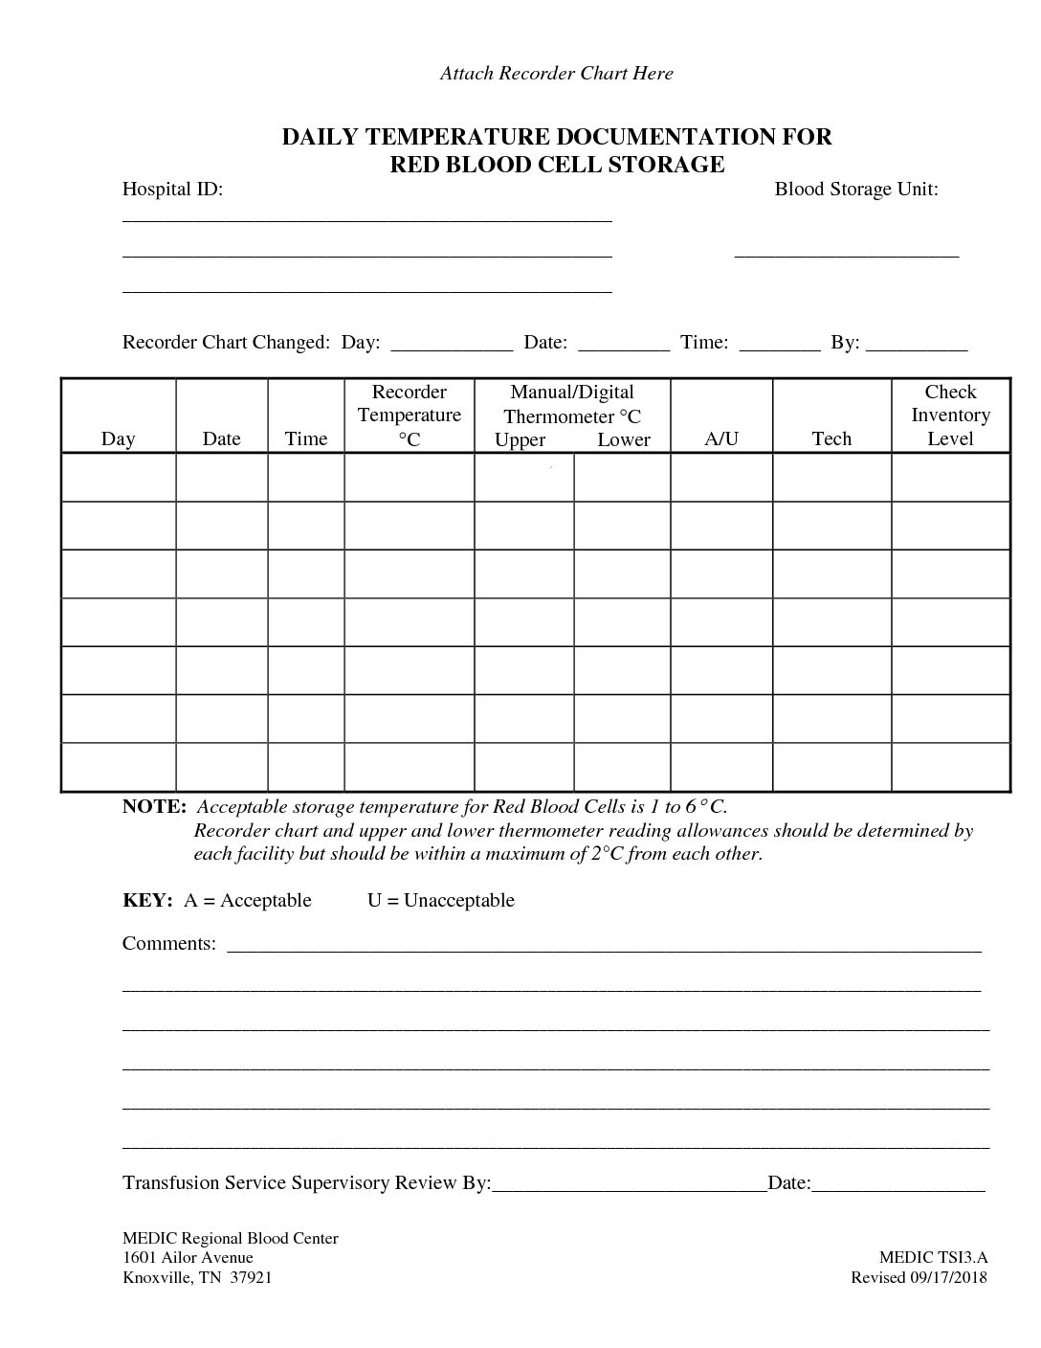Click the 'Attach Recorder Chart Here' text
556,74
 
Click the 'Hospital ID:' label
172,190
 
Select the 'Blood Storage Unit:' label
855,190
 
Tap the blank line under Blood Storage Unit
846,254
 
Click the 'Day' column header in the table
118,438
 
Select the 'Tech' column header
831,438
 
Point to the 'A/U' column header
721,438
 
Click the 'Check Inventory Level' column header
950,416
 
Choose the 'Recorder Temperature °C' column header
409,416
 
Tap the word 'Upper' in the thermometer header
520,439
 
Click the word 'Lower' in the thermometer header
624,439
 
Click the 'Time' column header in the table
306,438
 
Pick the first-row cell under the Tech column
831,477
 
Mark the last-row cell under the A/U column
721,767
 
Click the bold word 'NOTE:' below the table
154,806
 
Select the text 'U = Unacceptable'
440,900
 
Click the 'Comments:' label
169,943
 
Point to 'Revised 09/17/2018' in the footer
919,1277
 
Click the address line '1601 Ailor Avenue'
188,1258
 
